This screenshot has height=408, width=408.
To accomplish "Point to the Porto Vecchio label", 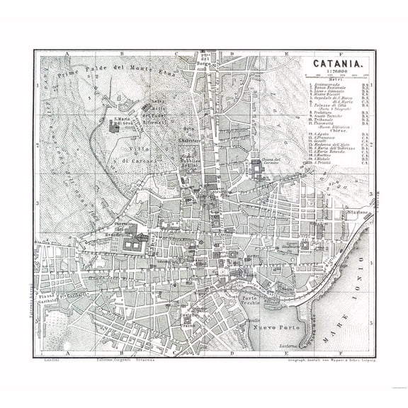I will pos(250,300).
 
